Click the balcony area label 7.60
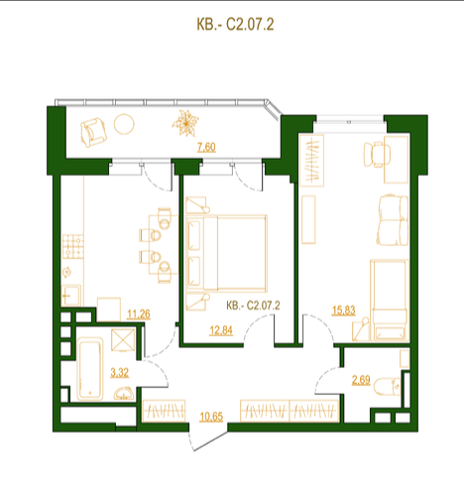(x=206, y=147)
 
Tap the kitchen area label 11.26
(x=139, y=313)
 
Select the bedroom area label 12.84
(x=221, y=330)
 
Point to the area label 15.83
(x=344, y=310)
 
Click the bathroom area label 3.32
(x=119, y=373)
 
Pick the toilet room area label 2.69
(x=361, y=380)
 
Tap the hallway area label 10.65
(x=211, y=417)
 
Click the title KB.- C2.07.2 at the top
(x=235, y=25)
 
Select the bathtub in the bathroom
(x=90, y=369)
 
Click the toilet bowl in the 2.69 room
(x=387, y=386)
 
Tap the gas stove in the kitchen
(x=73, y=246)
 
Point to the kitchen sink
(x=70, y=296)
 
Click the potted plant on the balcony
(x=185, y=123)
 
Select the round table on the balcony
(x=124, y=124)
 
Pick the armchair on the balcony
(x=93, y=133)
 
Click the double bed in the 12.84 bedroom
(x=226, y=253)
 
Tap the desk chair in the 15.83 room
(x=377, y=155)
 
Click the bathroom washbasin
(x=124, y=394)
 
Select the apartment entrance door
(x=208, y=436)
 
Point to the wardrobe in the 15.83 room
(x=311, y=161)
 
